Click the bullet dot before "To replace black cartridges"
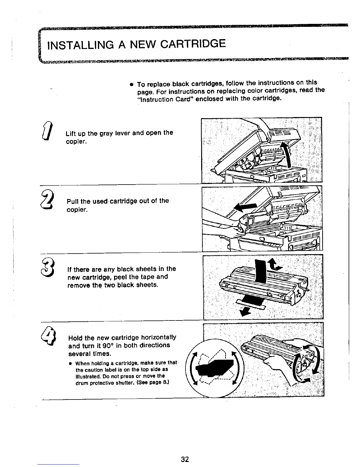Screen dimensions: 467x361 click(x=130, y=84)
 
